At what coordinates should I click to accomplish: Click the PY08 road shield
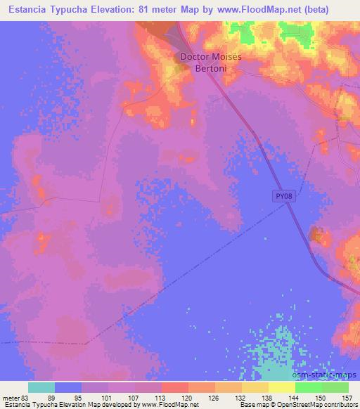tap(281, 197)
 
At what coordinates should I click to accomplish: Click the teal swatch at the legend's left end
tap(41, 387)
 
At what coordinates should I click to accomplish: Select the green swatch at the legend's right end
tap(335, 387)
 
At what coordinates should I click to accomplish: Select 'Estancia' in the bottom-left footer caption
tap(16, 405)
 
